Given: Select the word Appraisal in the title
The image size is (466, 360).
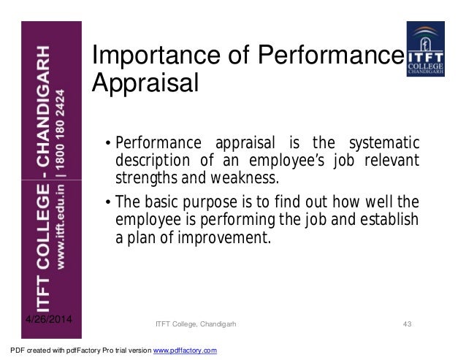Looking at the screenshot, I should [145, 83].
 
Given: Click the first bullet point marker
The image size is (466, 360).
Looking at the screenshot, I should [107, 142].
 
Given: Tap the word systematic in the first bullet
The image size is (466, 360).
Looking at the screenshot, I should [386, 142].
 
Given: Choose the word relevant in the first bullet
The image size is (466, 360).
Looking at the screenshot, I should [394, 160].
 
